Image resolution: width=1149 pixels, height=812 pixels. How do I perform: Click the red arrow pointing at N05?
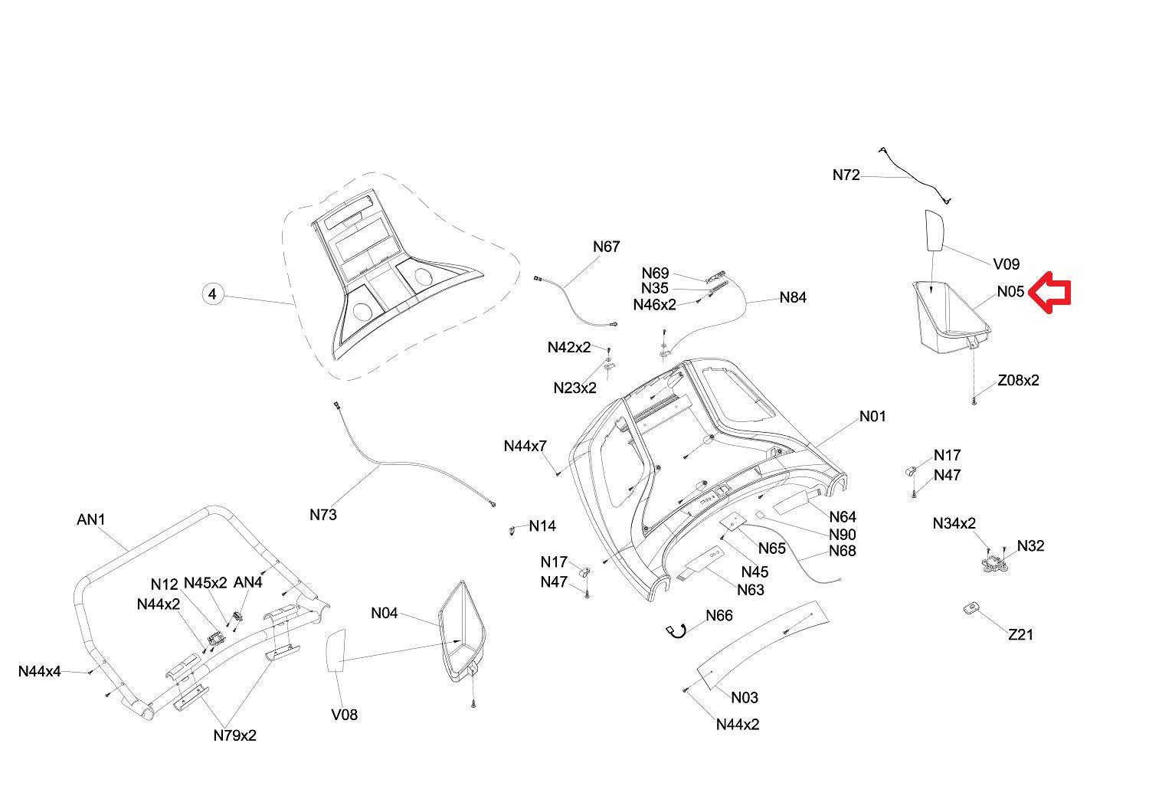point(1049,292)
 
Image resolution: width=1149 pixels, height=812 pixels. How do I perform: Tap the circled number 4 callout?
point(213,294)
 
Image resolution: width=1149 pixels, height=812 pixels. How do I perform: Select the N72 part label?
point(846,175)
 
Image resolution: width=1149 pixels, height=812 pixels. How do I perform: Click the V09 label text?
point(1006,264)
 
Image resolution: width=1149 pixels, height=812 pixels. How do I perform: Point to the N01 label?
point(872,416)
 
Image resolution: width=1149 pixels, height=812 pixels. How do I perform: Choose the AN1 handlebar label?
point(91,520)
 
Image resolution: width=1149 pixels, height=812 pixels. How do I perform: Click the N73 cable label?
point(323,515)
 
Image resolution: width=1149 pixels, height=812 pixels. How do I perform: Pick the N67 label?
point(606,247)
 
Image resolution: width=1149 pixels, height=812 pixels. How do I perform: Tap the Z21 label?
point(1020,634)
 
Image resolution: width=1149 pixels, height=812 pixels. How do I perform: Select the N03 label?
point(744,697)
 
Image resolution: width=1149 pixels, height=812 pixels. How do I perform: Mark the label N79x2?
point(234,735)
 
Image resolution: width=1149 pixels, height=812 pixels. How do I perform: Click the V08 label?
point(344,715)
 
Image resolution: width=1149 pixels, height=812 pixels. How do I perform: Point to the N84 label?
point(793,297)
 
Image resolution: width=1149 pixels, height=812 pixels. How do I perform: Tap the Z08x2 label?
point(1018,381)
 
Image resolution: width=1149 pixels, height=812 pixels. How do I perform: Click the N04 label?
point(385,613)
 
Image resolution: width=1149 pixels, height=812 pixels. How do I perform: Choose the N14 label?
point(542,526)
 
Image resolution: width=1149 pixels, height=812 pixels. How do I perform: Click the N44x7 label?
point(525,446)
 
